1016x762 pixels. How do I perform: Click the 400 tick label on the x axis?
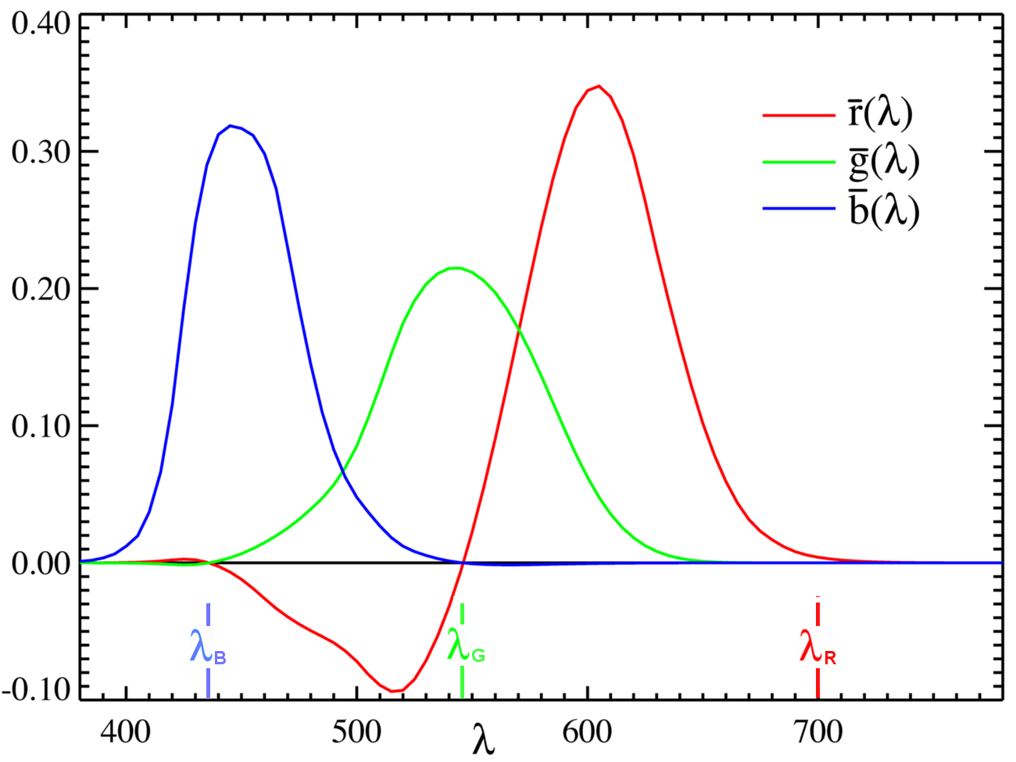pyautogui.click(x=126, y=732)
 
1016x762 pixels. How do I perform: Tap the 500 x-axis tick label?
pyautogui.click(x=357, y=732)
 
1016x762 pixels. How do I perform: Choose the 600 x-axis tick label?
pyautogui.click(x=588, y=732)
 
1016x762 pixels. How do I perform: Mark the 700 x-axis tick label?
pyautogui.click(x=818, y=732)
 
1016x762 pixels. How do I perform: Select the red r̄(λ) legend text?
pyautogui.click(x=880, y=114)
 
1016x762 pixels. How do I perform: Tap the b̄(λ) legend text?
pyautogui.click(x=884, y=209)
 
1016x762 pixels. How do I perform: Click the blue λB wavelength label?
pyautogui.click(x=207, y=648)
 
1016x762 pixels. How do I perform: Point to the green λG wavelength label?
pyautogui.click(x=466, y=648)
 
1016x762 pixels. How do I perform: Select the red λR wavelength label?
pyautogui.click(x=817, y=649)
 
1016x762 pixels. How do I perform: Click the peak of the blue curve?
pyautogui.click(x=231, y=125)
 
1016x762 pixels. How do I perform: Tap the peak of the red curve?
pyautogui.click(x=598, y=86)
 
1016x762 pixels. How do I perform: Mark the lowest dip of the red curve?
pyautogui.click(x=395, y=691)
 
